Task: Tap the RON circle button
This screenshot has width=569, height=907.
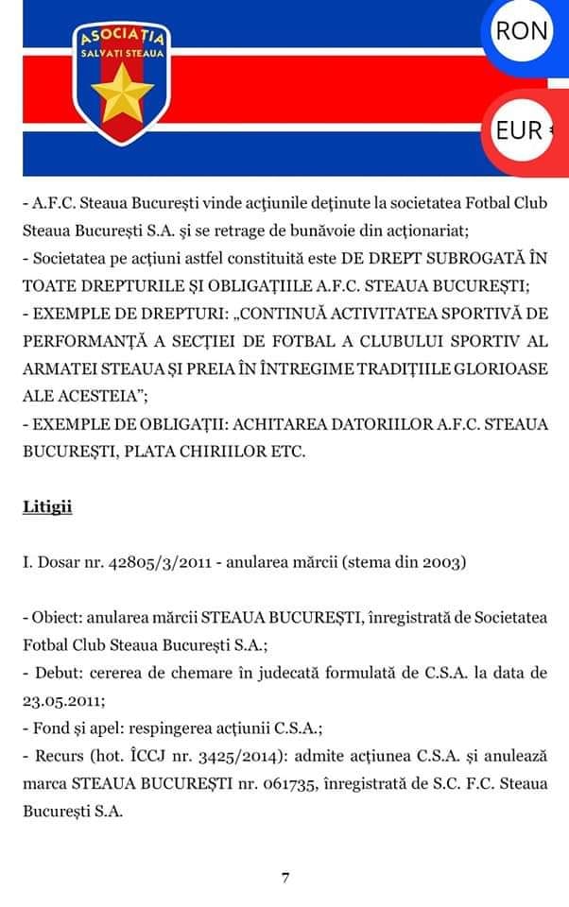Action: pos(523,30)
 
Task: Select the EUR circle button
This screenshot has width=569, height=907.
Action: pos(520,130)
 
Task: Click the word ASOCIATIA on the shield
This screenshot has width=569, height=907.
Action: pos(122,39)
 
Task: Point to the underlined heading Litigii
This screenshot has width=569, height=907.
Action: pos(47,507)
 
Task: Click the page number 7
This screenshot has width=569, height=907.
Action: pos(284,878)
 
